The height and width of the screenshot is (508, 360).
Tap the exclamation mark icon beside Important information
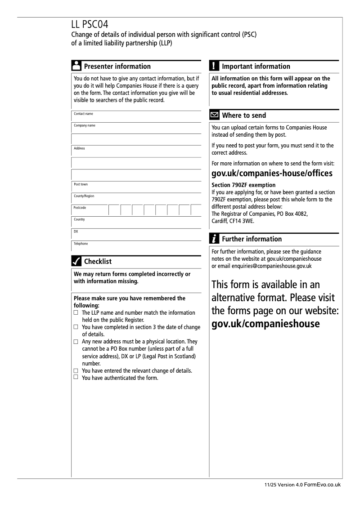point(214,66)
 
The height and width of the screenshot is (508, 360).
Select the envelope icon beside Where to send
point(215,115)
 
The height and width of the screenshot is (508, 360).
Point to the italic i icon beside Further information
point(214,239)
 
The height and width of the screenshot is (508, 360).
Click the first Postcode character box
point(114,210)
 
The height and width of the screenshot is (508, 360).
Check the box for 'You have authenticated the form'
point(76,377)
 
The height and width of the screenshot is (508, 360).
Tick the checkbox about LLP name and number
point(76,312)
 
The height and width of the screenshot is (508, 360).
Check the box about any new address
point(76,342)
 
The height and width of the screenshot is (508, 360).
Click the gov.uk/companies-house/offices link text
point(272,174)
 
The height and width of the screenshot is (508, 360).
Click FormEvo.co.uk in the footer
point(322,485)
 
